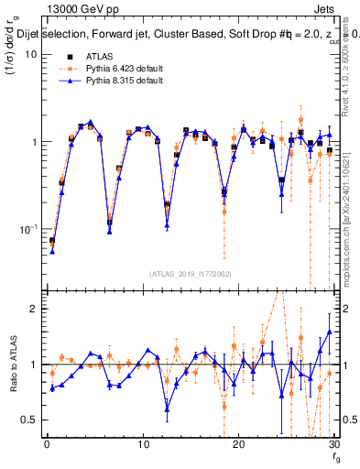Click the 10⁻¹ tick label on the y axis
[28, 229]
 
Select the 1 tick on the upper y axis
[34, 142]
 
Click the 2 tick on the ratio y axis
[34, 309]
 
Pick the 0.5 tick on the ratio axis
[30, 420]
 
